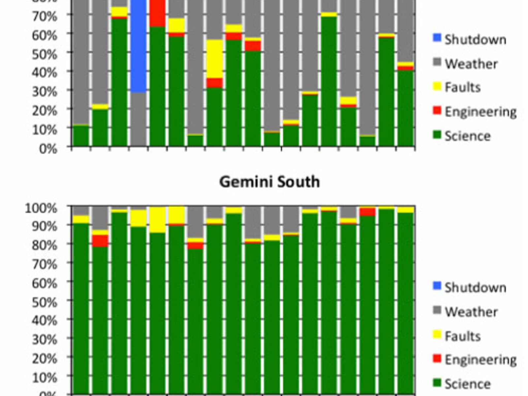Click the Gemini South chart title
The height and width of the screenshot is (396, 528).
coord(269,182)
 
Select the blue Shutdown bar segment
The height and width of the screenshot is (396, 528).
coord(139,46)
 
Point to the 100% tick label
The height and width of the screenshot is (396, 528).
coord(41,208)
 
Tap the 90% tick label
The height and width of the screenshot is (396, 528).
coord(44,226)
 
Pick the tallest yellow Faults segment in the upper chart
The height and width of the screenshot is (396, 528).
coord(215,59)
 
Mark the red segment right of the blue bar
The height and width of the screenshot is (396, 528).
coord(157,13)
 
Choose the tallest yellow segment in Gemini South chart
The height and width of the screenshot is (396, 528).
coord(157,220)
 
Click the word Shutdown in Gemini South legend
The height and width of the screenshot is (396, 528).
coord(475,287)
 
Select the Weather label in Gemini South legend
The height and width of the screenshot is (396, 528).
coord(471,312)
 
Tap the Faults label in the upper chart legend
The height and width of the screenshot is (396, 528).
coord(462,87)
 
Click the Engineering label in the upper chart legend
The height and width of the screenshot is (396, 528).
coord(480,112)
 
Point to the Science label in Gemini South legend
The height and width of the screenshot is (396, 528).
coord(468,384)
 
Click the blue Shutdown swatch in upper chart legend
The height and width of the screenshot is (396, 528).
coord(437,38)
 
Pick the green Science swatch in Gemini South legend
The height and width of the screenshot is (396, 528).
coord(437,382)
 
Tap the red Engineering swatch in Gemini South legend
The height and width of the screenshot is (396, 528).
coord(437,358)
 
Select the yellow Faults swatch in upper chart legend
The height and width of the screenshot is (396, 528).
coord(437,86)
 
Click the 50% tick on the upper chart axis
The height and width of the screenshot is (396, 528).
coord(44,53)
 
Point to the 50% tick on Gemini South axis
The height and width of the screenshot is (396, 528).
coord(44,302)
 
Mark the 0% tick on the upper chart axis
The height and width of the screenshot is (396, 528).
coord(48,148)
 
